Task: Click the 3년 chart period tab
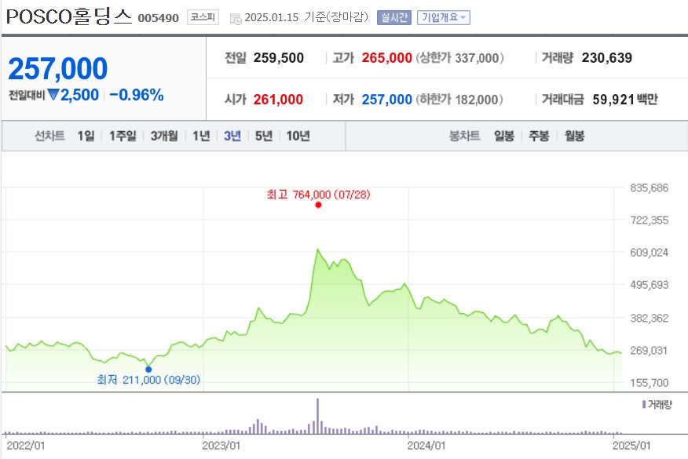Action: pyautogui.click(x=232, y=136)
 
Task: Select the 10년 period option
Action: pyautogui.click(x=298, y=136)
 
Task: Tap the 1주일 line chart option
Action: pyautogui.click(x=123, y=136)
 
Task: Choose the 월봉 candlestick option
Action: pyautogui.click(x=574, y=136)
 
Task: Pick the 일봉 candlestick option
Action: pyautogui.click(x=504, y=136)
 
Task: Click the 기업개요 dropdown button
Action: pyautogui.click(x=444, y=17)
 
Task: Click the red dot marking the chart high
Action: pyautogui.click(x=318, y=205)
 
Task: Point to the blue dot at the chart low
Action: pyautogui.click(x=148, y=369)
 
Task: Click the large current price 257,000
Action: pyautogui.click(x=58, y=68)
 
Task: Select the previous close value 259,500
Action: pyautogui.click(x=279, y=58)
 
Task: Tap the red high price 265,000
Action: pyautogui.click(x=387, y=58)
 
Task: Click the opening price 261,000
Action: pyautogui.click(x=278, y=100)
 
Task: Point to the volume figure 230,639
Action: pyautogui.click(x=607, y=58)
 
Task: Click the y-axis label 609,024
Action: pyautogui.click(x=649, y=253)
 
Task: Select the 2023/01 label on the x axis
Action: pyautogui.click(x=221, y=446)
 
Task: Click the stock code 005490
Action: pyautogui.click(x=159, y=18)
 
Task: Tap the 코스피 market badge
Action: pyautogui.click(x=203, y=17)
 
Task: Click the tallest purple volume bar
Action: pyautogui.click(x=317, y=416)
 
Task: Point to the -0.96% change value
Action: pyautogui.click(x=137, y=95)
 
